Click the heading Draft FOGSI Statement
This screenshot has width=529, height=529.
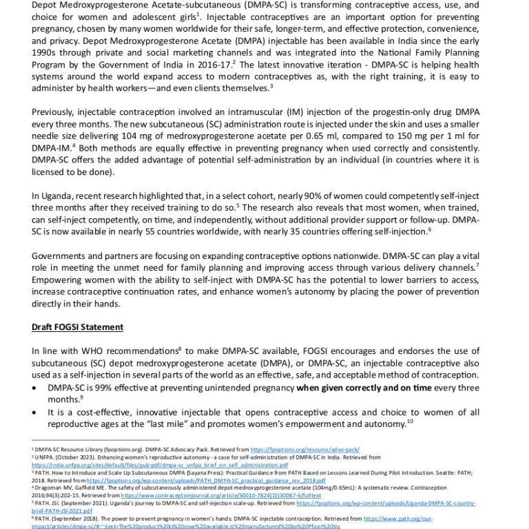tap(78, 326)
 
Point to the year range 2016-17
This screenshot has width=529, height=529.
tap(211, 63)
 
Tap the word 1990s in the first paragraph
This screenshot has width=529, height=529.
tap(48, 51)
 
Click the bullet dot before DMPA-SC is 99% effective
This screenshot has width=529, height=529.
tap(36, 388)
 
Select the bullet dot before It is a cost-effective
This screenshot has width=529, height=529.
tap(36, 412)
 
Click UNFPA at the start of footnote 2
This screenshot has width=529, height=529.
tap(45, 457)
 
